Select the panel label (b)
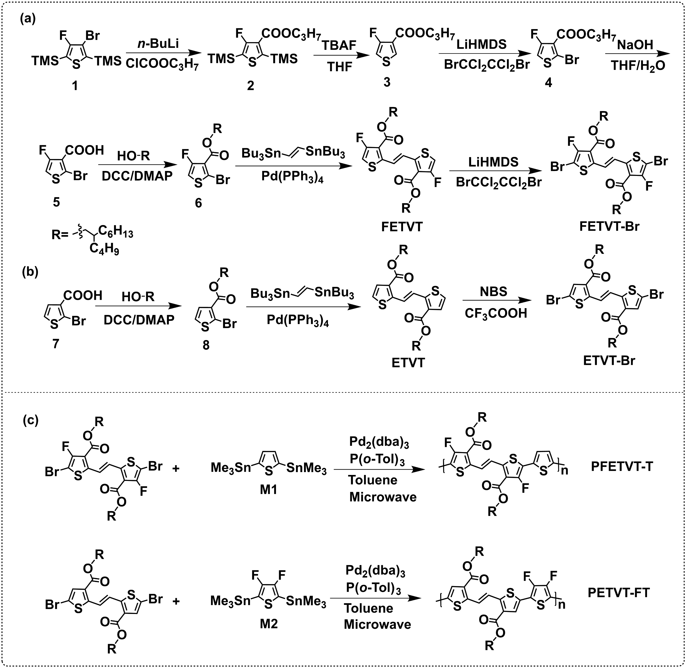pos(30,262)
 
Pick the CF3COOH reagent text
pos(496,313)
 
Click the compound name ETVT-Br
pos(609,361)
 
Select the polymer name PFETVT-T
pos(622,467)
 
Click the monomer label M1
pos(268,490)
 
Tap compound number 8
pos(206,345)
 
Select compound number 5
pos(56,202)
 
